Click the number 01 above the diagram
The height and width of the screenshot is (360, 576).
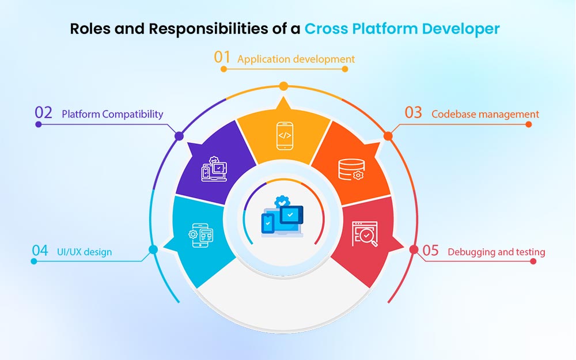click(x=222, y=58)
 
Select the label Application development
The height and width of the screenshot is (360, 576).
click(x=296, y=59)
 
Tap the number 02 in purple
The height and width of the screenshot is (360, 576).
click(x=44, y=113)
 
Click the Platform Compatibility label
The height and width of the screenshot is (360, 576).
click(x=112, y=114)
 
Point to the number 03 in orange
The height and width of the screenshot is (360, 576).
click(x=413, y=113)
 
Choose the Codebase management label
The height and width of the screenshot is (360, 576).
click(x=485, y=114)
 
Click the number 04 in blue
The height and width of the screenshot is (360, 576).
click(x=40, y=251)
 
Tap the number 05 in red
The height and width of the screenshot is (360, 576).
click(x=430, y=251)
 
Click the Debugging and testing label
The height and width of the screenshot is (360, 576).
click(x=496, y=252)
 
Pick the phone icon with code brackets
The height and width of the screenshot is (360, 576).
click(x=285, y=136)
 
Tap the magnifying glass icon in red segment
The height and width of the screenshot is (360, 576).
click(x=365, y=234)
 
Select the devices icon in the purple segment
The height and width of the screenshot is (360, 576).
click(x=214, y=169)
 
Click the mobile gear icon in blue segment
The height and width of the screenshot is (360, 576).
click(x=200, y=234)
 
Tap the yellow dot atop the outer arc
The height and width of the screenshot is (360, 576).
click(x=283, y=86)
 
